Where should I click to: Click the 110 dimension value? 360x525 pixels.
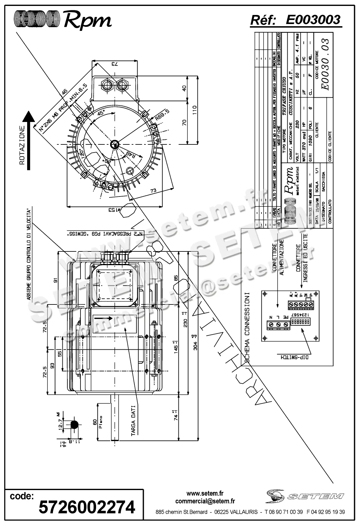tap(194, 110)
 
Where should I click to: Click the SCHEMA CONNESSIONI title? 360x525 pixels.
tap(247, 327)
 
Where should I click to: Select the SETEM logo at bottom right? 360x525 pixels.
tap(304, 496)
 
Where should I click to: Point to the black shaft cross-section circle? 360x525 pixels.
tap(75, 425)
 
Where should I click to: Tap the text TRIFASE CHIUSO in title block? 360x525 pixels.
tap(284, 97)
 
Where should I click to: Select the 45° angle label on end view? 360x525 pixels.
tap(101, 113)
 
